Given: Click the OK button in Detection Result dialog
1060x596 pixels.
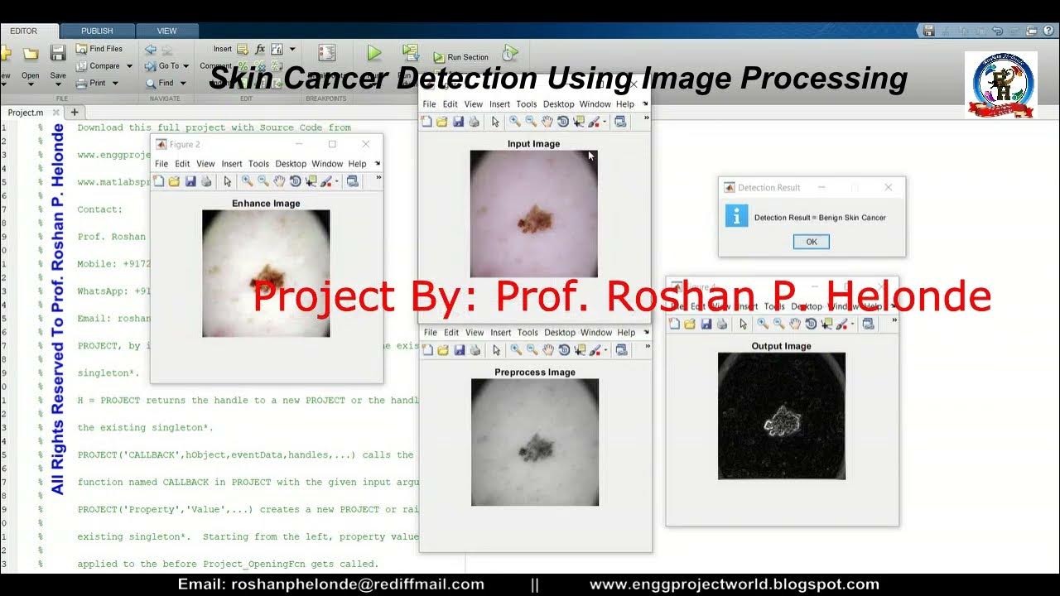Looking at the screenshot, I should click(811, 242).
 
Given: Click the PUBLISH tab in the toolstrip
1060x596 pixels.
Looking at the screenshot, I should click(97, 31).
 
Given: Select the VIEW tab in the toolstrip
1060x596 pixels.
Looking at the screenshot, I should click(166, 31).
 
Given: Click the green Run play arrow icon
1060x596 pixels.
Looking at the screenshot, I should click(374, 53).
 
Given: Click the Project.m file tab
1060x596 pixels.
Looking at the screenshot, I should click(26, 113).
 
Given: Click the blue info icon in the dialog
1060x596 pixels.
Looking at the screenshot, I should click(736, 216).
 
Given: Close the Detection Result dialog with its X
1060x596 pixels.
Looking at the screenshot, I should click(888, 188).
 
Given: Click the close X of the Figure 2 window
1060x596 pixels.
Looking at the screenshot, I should click(365, 144).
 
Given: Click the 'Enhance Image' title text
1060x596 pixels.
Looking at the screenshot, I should click(266, 203).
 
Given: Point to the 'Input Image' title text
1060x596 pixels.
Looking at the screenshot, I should click(533, 144).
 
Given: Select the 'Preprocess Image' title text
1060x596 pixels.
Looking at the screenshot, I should click(534, 372).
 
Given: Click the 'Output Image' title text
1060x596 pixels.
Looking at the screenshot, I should click(781, 346).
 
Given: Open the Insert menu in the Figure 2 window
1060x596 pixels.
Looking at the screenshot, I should click(232, 164).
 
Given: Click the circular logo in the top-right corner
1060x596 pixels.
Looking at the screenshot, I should click(1000, 84).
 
